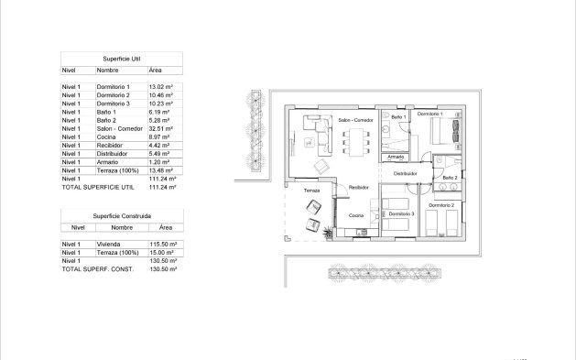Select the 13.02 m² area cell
click(161, 86)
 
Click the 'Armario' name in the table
click(107, 162)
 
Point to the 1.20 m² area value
click(159, 162)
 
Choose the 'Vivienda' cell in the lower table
click(109, 245)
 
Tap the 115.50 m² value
click(162, 245)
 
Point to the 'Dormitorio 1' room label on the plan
click(429, 114)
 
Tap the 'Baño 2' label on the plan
click(450, 178)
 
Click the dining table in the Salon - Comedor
click(354, 140)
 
